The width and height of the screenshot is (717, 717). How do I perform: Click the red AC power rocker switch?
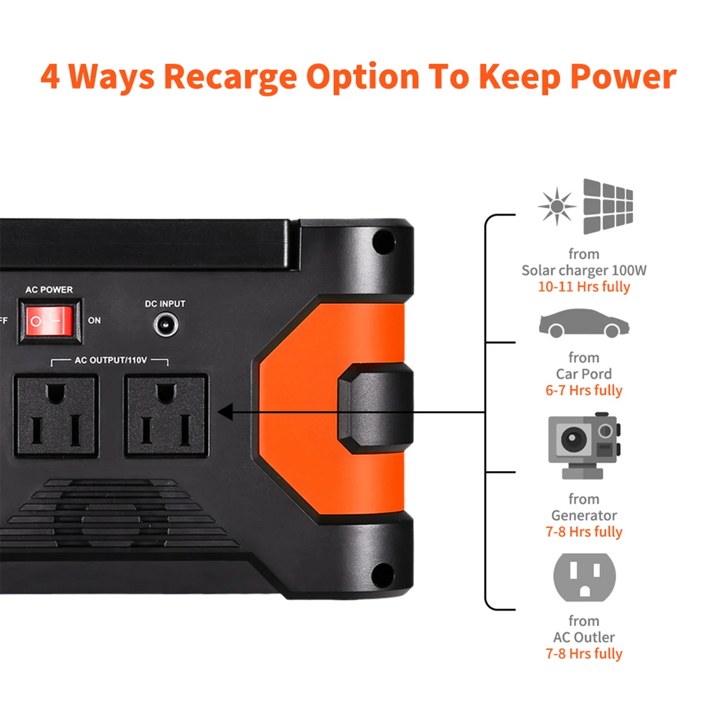[x=50, y=321]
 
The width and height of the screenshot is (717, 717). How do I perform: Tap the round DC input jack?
[x=165, y=324]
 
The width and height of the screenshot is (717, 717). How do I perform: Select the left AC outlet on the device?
[x=56, y=416]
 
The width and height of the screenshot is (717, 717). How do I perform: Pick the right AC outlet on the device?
[x=165, y=416]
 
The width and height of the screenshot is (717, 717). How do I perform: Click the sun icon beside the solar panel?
[x=557, y=207]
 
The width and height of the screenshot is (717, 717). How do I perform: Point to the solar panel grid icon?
[x=608, y=207]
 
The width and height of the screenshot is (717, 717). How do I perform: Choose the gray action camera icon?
[x=583, y=445]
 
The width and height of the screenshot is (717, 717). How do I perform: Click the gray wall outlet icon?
[x=584, y=578]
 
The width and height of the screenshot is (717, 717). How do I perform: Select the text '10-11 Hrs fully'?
[x=584, y=287]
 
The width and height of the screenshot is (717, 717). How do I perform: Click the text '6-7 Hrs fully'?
[x=584, y=391]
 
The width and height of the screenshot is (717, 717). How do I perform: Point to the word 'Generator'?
[x=584, y=515]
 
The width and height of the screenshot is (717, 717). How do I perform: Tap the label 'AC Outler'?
[x=584, y=637]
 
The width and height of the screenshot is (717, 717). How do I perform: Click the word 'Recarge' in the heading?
[x=230, y=77]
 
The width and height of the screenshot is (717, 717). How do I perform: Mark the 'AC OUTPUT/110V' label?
[x=111, y=361]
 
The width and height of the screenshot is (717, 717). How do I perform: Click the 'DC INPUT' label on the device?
[x=165, y=304]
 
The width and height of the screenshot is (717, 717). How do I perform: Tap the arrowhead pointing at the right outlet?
[x=225, y=412]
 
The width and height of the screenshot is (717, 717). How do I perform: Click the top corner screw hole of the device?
[x=382, y=242]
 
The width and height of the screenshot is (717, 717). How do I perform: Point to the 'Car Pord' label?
[x=584, y=374]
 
